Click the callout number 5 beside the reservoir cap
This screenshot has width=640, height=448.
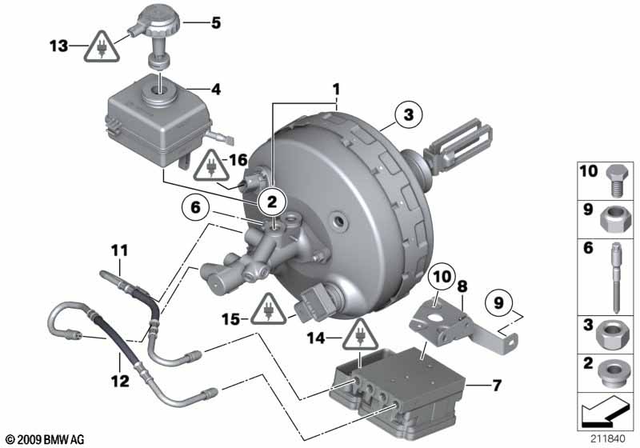(x=216, y=22)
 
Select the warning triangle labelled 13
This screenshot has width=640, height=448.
(x=102, y=47)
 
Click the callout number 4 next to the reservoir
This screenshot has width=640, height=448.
(x=216, y=89)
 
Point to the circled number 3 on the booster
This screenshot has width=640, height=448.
(x=409, y=114)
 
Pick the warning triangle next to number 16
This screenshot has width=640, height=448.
(x=211, y=166)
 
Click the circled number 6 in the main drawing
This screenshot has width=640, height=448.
(x=195, y=207)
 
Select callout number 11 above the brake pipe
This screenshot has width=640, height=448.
(x=119, y=250)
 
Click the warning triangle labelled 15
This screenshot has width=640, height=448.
(x=268, y=310)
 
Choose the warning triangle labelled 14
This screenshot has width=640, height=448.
(x=360, y=335)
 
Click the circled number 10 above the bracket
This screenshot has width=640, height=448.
(x=442, y=277)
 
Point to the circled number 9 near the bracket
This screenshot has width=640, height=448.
(x=498, y=302)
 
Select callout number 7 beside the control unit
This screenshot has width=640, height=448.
(x=496, y=385)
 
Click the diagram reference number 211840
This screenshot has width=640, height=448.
(x=608, y=439)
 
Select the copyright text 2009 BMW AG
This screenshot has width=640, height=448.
(x=46, y=440)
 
